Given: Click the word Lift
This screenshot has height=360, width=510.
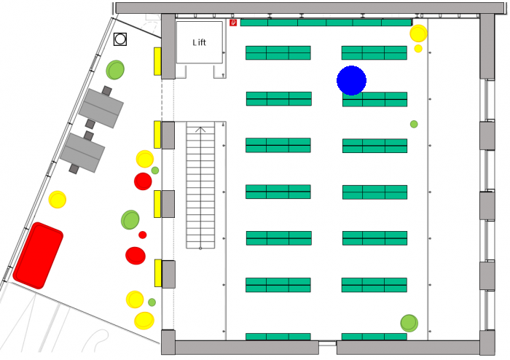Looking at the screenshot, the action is pos(199,42).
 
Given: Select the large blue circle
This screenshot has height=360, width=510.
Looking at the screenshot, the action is pos(352,80).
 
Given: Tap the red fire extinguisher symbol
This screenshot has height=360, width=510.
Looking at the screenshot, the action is pos(233,23).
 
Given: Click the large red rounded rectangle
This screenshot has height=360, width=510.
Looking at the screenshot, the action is pos(38,256).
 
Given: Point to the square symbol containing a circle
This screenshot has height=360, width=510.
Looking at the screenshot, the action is pos(120,39).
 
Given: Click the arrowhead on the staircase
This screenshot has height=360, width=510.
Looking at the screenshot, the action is pos(200,130).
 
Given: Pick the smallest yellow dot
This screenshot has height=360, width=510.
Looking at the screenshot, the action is pos(418,48).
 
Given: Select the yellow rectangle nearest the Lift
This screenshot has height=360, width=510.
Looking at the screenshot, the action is pos(157,61).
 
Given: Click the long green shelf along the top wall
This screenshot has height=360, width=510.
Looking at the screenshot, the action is pos(326,23).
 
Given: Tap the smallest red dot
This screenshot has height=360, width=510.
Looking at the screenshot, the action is pos(143,235).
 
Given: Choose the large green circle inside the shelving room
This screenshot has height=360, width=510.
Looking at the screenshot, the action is pos(409,324).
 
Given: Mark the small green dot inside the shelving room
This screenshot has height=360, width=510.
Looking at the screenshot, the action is pos(414,124).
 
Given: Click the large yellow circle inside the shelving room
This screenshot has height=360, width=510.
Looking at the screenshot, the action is pos(418,34).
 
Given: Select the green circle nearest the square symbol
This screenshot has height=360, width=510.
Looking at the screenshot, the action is pos(115,70).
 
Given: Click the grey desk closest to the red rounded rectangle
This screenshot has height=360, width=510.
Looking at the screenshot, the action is pos(82,152).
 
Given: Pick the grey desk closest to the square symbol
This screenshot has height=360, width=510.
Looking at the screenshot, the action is pos(101,108).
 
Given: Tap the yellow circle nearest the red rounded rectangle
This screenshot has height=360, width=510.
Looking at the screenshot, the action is pos(58,200).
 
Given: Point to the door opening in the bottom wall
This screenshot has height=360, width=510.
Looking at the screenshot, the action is pos(328,343).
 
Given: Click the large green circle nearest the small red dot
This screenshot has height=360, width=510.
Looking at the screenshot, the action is pos(130,220).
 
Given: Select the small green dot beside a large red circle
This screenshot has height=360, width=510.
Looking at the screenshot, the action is pos(155,171).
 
